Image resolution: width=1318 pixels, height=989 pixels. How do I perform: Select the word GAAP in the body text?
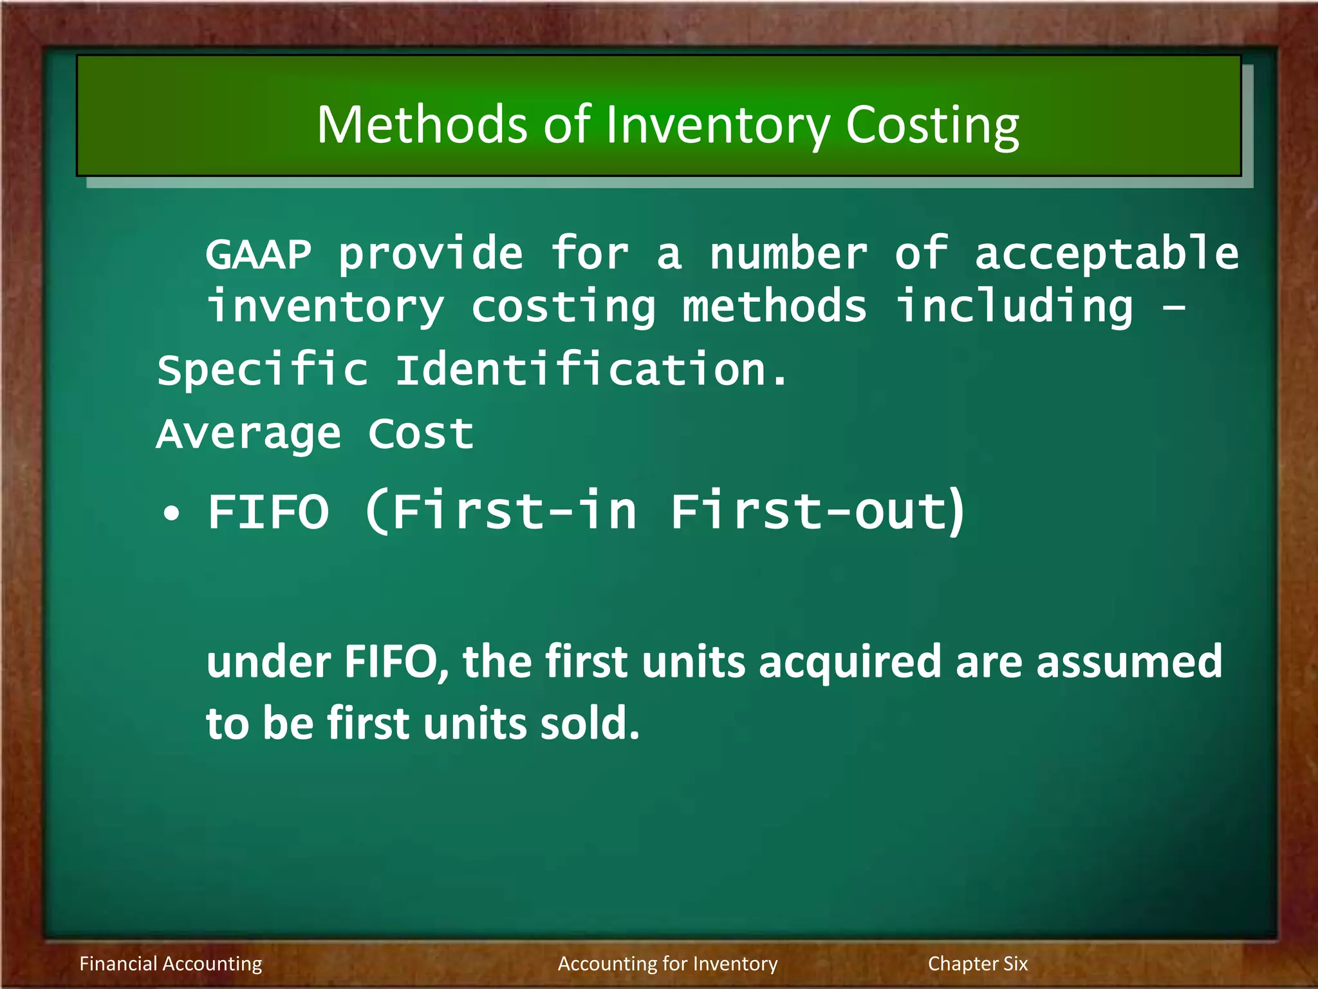(259, 254)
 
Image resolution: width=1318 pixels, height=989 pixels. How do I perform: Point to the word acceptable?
(1106, 254)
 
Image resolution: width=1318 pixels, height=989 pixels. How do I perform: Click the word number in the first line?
(788, 254)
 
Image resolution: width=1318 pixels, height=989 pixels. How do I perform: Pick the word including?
(1014, 306)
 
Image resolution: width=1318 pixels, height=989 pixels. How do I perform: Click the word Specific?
(263, 371)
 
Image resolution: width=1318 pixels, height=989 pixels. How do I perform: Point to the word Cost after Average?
(421, 433)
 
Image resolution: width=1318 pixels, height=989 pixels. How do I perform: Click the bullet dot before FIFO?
(171, 514)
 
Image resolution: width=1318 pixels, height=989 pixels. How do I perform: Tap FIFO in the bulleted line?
(268, 512)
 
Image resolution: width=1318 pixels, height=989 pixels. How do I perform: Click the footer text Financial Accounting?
(171, 963)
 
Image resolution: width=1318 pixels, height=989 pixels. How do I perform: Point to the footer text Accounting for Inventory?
(667, 963)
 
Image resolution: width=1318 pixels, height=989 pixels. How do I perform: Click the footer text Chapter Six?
(978, 963)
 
